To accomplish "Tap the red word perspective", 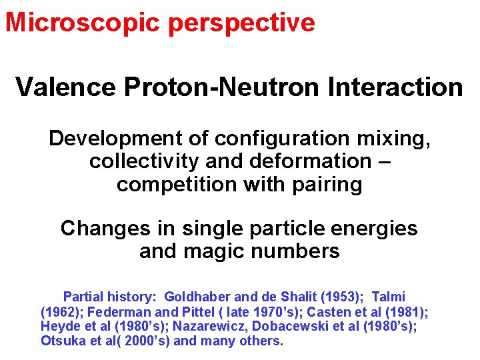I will coord(241,23).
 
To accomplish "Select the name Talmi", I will coord(388,297).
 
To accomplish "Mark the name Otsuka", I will coord(61,341).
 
